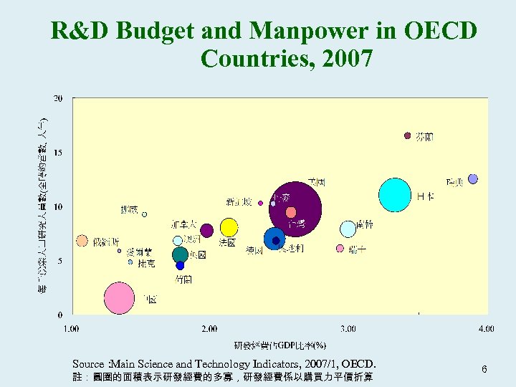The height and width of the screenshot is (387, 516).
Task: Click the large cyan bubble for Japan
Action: coord(395,195)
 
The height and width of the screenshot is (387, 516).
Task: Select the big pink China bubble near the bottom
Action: coord(119,298)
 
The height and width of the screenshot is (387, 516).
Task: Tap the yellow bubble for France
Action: coord(229,227)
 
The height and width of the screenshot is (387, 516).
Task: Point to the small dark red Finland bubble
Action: coord(408,135)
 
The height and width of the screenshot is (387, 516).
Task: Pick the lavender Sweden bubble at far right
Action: coord(472,178)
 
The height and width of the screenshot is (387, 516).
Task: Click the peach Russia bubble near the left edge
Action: coord(82,241)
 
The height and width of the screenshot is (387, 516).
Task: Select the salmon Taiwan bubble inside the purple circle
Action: coord(290,212)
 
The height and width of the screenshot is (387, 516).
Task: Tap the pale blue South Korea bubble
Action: coord(348,229)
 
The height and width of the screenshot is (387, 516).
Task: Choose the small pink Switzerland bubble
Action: coord(340,249)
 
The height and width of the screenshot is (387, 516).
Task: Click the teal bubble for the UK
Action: coord(180,254)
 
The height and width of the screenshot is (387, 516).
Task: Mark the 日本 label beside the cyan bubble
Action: coord(425,196)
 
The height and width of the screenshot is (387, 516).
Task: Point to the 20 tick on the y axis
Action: coord(58,98)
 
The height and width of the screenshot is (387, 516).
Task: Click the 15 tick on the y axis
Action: coord(58,153)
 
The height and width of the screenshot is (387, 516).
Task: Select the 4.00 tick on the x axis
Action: coord(486,329)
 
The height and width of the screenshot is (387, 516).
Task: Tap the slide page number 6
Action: coord(484,369)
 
